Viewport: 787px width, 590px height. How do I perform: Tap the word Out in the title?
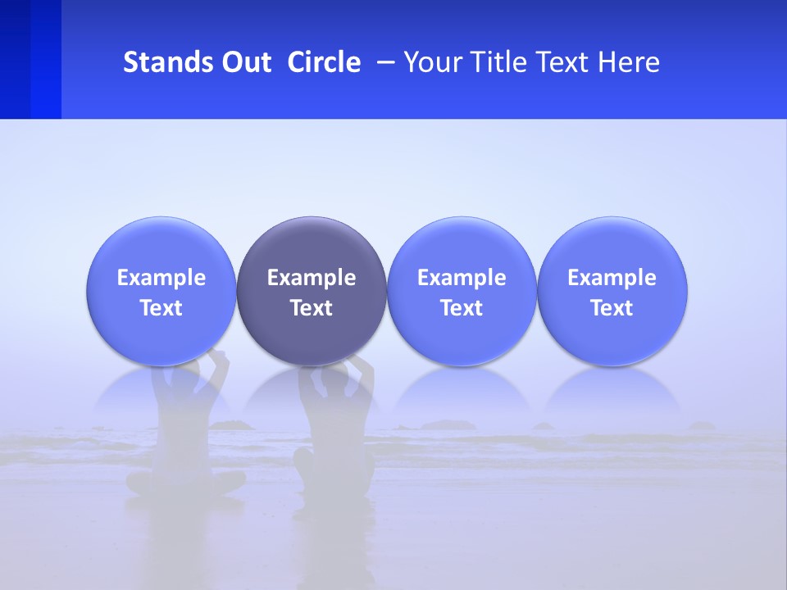coord(244,62)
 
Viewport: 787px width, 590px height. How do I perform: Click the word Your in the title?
coord(430,62)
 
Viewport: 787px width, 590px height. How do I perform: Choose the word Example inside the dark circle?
coord(312,278)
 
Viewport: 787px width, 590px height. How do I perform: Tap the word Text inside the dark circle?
coord(312,308)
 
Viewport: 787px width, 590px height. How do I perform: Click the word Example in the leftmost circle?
coord(161,278)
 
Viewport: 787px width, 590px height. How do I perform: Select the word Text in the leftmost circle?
coord(161,308)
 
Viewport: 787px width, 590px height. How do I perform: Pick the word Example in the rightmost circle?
coord(612,278)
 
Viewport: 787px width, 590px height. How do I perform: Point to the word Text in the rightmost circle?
coord(612,308)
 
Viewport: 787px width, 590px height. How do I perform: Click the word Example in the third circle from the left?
coord(462,278)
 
